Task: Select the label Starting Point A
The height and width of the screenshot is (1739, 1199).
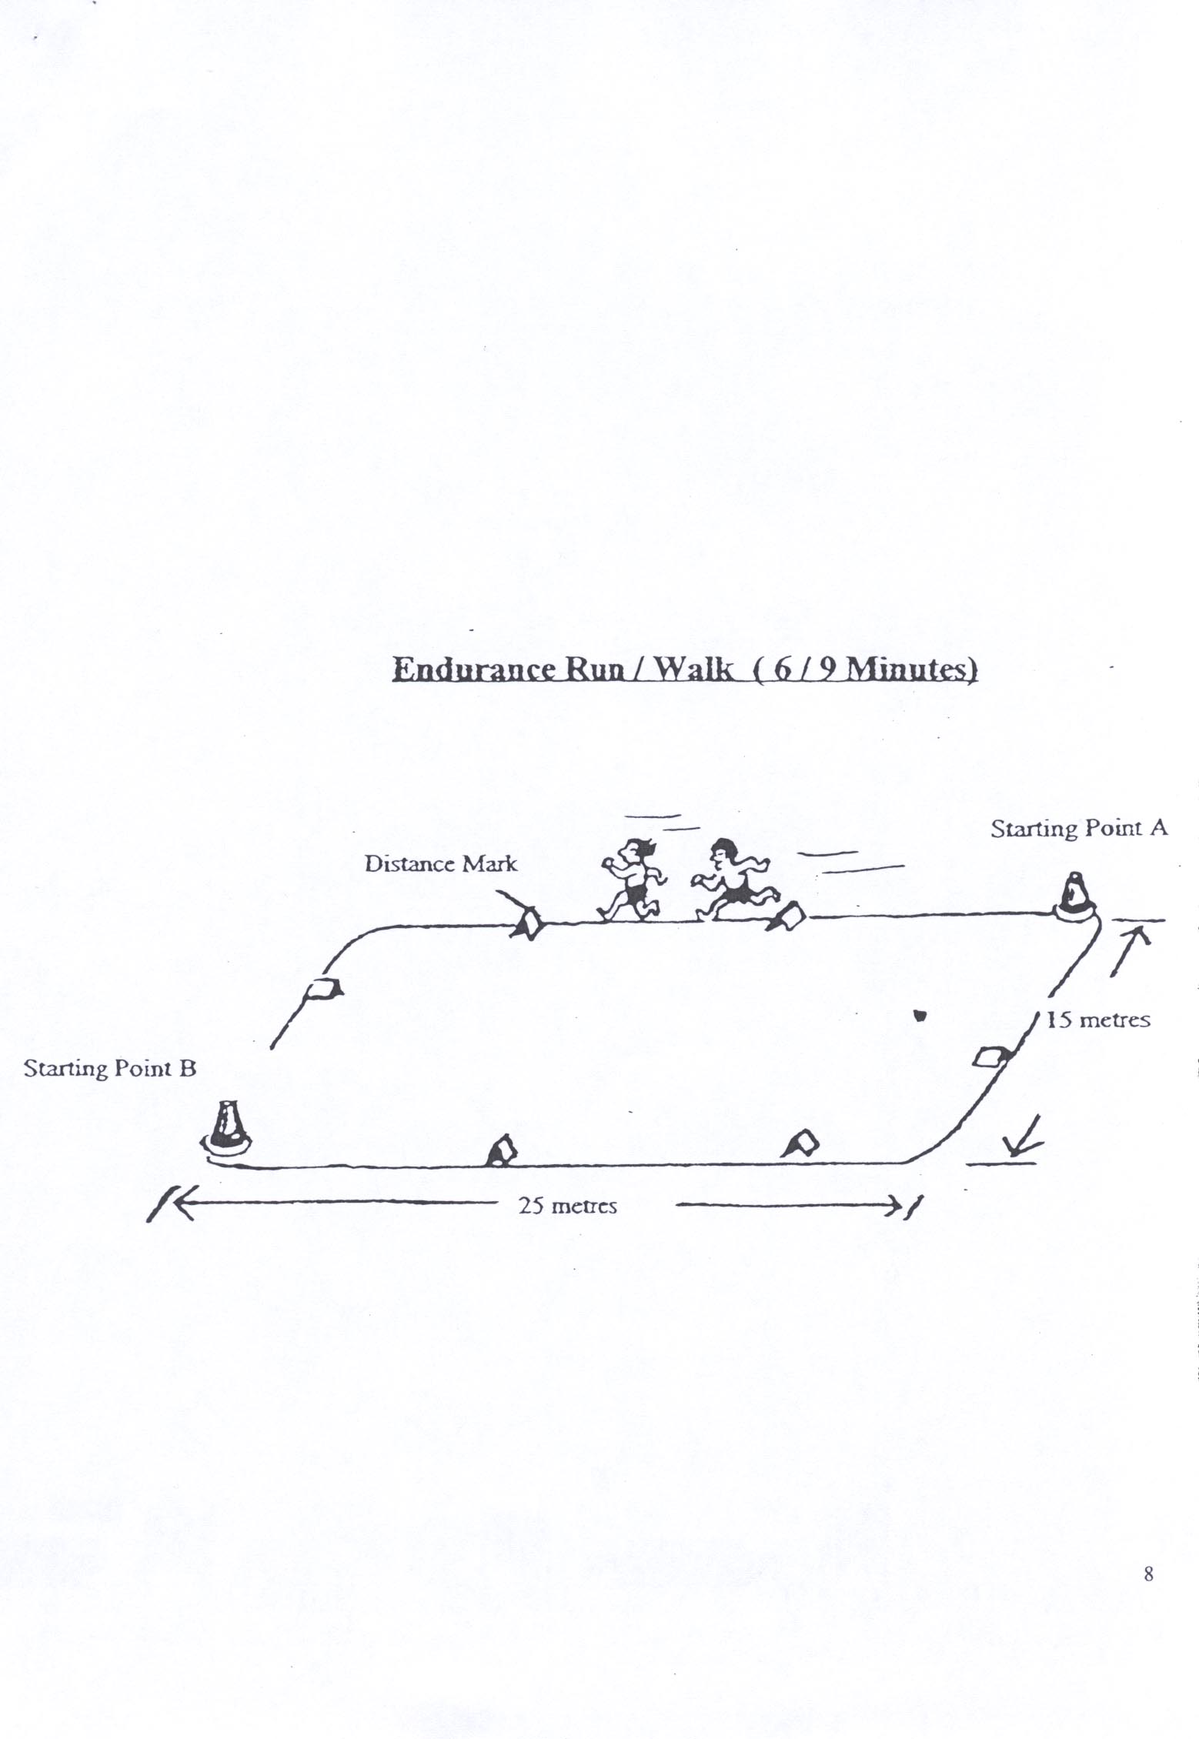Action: (1078, 829)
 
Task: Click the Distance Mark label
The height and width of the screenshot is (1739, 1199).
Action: (441, 864)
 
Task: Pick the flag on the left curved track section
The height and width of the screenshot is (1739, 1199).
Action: (324, 990)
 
